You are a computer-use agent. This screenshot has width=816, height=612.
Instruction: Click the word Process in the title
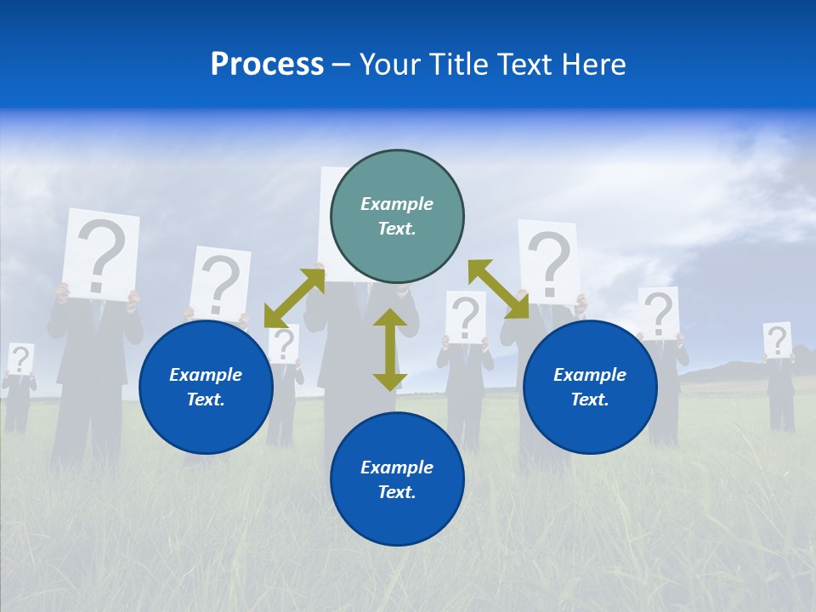[267, 65]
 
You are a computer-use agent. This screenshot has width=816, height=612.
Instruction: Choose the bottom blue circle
[397, 518]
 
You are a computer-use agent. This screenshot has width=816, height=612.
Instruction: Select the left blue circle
[206, 425]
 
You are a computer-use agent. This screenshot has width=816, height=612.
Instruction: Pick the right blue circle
[590, 425]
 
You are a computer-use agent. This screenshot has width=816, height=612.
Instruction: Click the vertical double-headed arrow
[390, 349]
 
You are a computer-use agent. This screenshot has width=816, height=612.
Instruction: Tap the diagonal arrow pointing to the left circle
[294, 297]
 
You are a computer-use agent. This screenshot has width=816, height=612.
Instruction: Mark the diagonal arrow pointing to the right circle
[498, 289]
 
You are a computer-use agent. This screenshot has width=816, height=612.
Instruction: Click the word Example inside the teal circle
[397, 204]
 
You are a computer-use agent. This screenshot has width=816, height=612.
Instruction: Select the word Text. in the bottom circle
[397, 492]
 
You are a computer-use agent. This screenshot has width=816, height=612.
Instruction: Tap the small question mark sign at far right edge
[777, 340]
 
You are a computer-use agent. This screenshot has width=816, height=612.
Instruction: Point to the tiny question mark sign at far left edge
[20, 358]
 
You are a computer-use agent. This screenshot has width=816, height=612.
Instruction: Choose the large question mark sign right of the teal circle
[549, 260]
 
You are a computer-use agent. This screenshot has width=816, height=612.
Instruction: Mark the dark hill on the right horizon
[722, 372]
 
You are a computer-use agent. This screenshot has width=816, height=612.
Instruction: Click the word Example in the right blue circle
[590, 375]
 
